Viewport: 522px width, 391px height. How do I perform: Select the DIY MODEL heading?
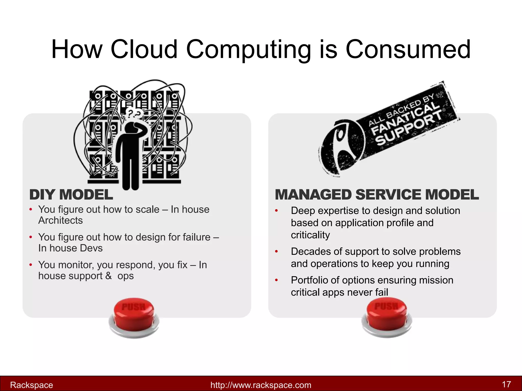click(x=71, y=195)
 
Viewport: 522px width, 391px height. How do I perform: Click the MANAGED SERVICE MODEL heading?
click(x=377, y=195)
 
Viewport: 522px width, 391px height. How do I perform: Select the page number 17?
click(x=506, y=384)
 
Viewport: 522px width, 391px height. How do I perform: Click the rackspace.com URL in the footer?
click(x=261, y=385)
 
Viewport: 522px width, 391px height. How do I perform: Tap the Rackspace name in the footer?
click(x=31, y=385)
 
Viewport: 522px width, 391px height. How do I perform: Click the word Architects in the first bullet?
click(x=61, y=220)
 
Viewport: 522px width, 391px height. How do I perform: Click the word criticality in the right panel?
click(x=310, y=235)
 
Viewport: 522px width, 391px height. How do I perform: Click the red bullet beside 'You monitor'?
click(x=31, y=265)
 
